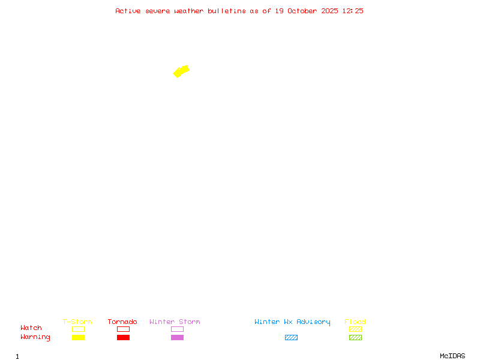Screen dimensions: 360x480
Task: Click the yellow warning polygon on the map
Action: [181, 71]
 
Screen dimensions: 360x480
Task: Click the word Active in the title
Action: [128, 11]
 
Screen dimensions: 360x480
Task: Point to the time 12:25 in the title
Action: [353, 11]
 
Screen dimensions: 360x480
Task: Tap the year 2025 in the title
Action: [329, 11]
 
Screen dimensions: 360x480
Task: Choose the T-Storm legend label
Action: [77, 322]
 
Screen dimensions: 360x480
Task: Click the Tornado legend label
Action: [122, 322]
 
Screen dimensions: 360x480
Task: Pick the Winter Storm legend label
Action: [175, 322]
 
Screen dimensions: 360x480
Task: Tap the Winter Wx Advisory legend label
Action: [292, 322]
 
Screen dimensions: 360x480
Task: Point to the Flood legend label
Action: [355, 322]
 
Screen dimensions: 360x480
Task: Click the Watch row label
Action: [31, 328]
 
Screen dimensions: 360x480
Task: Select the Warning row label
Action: [35, 337]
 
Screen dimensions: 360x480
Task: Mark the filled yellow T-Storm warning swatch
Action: [78, 338]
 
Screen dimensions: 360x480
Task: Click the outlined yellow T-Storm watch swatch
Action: [78, 329]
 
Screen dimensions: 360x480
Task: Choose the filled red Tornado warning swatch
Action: [123, 338]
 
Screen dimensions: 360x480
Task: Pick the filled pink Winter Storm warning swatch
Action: [177, 338]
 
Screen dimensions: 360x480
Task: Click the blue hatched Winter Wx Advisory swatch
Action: [291, 338]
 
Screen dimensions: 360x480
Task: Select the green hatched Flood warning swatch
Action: [355, 338]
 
